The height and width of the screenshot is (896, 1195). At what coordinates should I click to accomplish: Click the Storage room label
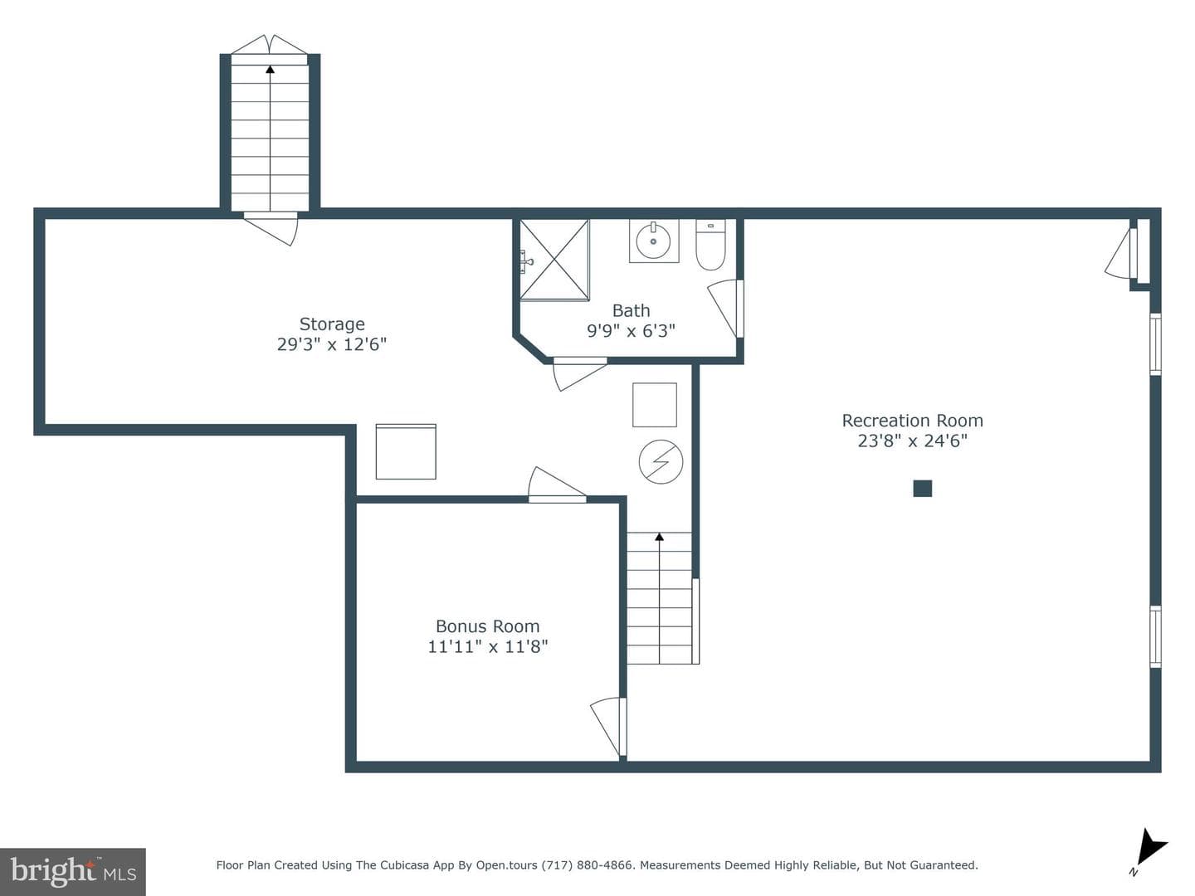point(332,324)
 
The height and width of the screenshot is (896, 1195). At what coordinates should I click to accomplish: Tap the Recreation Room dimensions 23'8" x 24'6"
point(913,441)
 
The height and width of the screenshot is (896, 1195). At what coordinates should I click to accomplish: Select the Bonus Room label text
point(487,626)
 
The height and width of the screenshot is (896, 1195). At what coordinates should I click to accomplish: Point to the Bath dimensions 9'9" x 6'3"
point(631,331)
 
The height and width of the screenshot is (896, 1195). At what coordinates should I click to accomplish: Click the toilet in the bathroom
point(710,245)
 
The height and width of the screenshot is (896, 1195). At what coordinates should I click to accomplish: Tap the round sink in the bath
point(654,241)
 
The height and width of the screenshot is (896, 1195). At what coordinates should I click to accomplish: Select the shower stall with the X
point(554,260)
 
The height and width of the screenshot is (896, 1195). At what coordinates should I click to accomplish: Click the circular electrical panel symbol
point(661,462)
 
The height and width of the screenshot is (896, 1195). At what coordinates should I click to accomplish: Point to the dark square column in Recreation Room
point(922,489)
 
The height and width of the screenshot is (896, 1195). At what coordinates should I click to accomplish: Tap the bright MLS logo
point(73,871)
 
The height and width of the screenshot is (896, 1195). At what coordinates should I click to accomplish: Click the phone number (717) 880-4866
point(588,865)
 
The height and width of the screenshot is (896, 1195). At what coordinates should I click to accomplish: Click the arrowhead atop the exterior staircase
point(270,69)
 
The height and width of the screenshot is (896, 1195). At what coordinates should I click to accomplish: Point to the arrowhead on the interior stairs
point(659,537)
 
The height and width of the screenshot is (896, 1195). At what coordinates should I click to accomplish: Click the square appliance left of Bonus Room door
point(406,451)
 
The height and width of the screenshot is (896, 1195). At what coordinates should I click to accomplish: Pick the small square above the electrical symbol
point(655,405)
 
